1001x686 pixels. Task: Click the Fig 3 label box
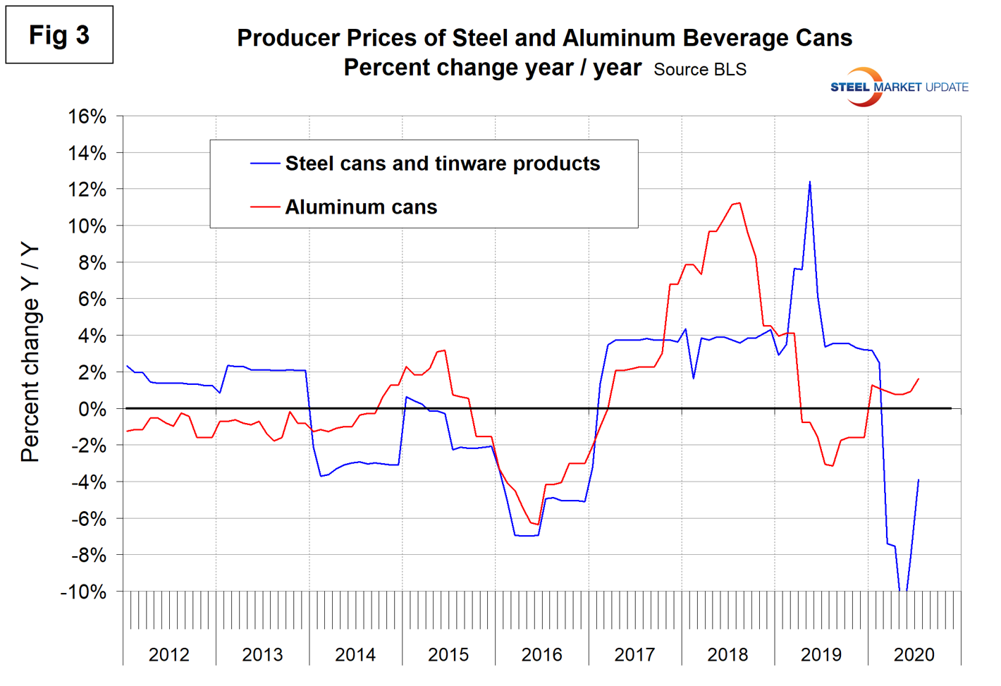pyautogui.click(x=59, y=35)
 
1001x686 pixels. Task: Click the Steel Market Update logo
pyautogui.click(x=898, y=87)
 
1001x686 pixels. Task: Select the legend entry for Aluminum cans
pyautogui.click(x=360, y=207)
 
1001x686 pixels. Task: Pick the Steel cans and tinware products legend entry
pyautogui.click(x=442, y=164)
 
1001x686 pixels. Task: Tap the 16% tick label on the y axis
pyautogui.click(x=87, y=116)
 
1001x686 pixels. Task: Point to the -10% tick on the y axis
pyautogui.click(x=83, y=592)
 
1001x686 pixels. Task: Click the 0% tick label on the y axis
pyautogui.click(x=92, y=409)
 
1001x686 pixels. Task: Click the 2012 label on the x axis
pyautogui.click(x=169, y=654)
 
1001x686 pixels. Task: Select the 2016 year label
pyautogui.click(x=541, y=654)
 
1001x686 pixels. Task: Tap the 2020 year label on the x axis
pyautogui.click(x=914, y=654)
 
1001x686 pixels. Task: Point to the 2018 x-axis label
pyautogui.click(x=727, y=654)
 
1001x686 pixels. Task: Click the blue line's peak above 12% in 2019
pyautogui.click(x=809, y=182)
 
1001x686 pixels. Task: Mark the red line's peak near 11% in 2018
pyautogui.click(x=738, y=203)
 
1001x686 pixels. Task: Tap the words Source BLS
pyautogui.click(x=699, y=70)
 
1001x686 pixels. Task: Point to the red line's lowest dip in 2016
pyautogui.click(x=539, y=525)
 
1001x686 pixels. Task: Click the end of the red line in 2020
pyautogui.click(x=919, y=379)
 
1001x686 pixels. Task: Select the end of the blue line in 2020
pyautogui.click(x=919, y=479)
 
